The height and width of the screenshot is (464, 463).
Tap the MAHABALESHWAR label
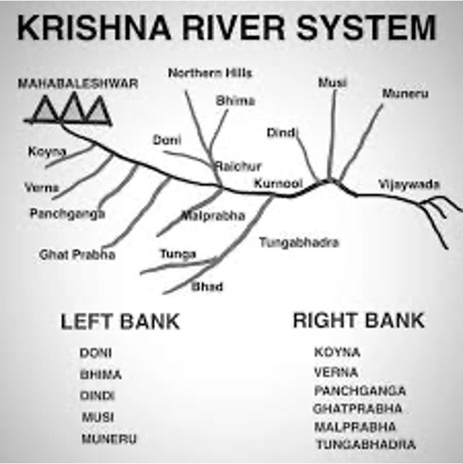point(77,83)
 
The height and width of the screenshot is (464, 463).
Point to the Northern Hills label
point(209,74)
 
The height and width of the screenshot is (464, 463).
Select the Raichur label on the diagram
point(238,167)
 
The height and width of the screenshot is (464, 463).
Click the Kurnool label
point(278,184)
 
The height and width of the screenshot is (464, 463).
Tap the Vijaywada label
point(409,185)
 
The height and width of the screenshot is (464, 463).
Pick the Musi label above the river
point(332,83)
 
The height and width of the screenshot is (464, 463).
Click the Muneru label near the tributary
point(405,94)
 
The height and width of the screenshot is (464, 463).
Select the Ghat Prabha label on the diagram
point(77,255)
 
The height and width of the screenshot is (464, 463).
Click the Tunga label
point(178,254)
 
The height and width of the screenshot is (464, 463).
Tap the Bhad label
point(207,287)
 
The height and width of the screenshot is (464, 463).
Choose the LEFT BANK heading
point(120,321)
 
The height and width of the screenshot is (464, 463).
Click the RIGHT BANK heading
point(359,320)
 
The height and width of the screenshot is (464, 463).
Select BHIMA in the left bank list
point(100,374)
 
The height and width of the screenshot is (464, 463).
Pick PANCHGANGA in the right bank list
point(360,390)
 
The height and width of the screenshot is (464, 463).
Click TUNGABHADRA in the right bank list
point(365,445)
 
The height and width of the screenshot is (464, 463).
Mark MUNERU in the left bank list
point(108,438)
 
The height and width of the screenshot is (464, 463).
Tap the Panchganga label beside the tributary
point(67,214)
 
